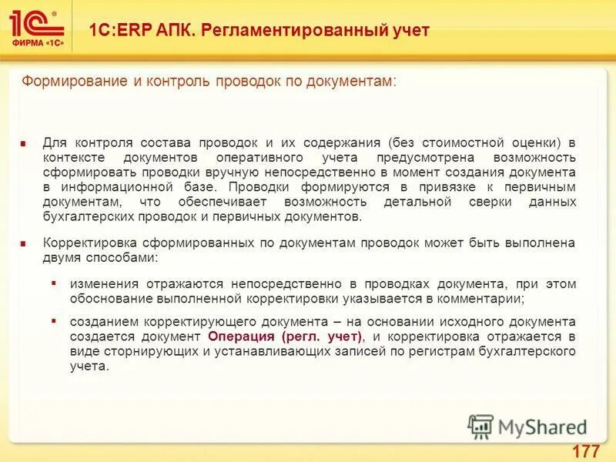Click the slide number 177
(587, 450)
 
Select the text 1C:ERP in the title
(115, 30)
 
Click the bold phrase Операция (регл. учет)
(284, 337)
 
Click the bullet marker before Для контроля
(25, 142)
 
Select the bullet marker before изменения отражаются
(54, 283)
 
